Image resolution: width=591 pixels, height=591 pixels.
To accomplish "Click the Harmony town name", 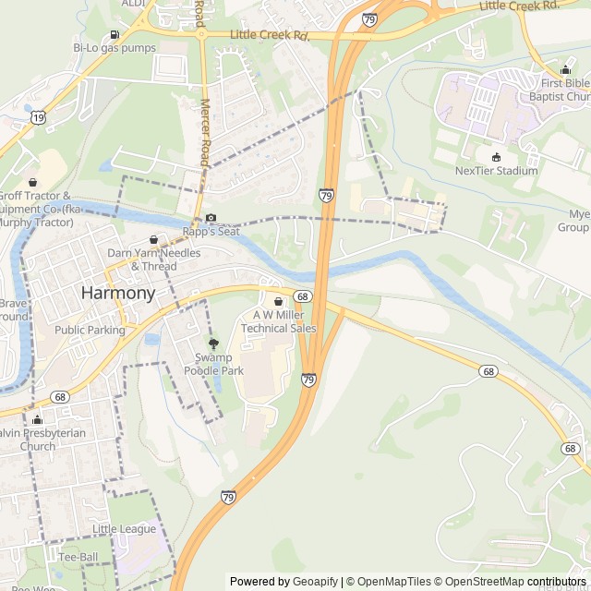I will click(118, 293).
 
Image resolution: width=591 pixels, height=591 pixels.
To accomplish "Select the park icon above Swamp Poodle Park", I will click(214, 344).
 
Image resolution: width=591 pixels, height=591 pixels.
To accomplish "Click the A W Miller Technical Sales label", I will click(278, 321).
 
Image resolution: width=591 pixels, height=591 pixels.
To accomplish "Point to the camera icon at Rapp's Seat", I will click(211, 218).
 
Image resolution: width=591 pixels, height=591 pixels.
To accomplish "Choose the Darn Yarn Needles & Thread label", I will click(153, 259).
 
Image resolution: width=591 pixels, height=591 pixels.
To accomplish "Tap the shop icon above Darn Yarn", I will click(154, 239).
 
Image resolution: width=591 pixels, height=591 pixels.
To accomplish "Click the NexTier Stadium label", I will click(496, 171).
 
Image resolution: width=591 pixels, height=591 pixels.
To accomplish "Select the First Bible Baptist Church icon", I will click(565, 70).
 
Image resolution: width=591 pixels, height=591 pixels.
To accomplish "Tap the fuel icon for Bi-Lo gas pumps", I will click(114, 35).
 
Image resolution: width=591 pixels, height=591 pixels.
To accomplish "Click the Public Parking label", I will click(90, 330).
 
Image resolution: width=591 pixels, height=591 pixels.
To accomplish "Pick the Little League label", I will click(125, 529).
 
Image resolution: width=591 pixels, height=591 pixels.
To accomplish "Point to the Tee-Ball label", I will click(78, 558).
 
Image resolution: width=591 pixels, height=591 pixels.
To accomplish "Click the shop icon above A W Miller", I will click(278, 301).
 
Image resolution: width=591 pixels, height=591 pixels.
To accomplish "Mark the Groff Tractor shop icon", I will click(33, 183).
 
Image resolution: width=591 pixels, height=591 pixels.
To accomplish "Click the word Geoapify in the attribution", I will click(316, 582).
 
